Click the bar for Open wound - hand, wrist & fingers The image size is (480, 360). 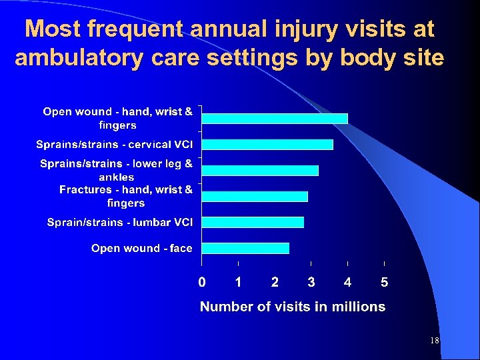pos(275,119)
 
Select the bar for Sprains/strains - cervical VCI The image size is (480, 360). pos(267,145)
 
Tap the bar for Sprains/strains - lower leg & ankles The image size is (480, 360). pos(260,171)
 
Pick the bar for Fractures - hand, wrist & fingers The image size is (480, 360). pos(255,197)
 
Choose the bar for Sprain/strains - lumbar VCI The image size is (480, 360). pos(253,222)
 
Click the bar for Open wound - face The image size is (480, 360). pos(245,248)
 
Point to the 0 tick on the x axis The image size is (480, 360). pos(201,283)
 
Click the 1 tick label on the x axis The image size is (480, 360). pos(238,283)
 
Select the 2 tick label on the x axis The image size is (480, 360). pos(275,283)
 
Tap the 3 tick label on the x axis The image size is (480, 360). pos(311,283)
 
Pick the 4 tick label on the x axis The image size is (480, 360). pos(348,283)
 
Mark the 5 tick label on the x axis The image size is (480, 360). pos(385,283)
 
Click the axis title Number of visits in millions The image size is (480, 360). pos(293,307)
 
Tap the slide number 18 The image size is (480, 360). pos(434,341)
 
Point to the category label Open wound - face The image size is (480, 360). pos(141,248)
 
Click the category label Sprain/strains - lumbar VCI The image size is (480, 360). pos(119,222)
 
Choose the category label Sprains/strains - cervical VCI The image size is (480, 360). pos(114,145)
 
